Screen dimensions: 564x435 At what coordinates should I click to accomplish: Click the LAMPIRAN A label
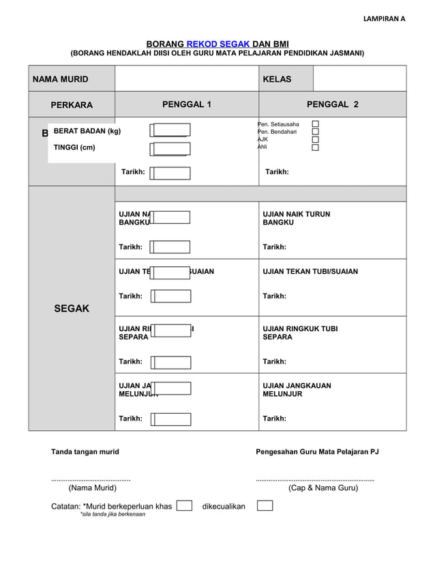384,18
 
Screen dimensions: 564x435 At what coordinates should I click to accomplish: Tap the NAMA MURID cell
61,79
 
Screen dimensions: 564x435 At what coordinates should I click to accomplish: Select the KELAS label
277,79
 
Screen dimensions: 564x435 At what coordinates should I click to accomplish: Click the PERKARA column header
72,105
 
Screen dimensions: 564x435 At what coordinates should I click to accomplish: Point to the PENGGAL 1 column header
186,104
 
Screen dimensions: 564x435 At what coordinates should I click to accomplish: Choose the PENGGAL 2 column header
332,104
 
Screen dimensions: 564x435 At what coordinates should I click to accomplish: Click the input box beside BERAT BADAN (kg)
171,130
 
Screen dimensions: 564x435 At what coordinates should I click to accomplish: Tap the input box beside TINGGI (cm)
171,149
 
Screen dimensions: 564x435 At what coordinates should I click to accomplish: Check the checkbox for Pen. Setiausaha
315,124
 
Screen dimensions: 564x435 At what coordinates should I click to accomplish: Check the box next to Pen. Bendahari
315,132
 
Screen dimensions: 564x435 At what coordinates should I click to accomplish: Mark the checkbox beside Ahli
315,147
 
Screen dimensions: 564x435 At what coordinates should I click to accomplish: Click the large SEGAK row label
72,309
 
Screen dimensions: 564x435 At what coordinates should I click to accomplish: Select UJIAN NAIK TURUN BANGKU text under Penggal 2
296,218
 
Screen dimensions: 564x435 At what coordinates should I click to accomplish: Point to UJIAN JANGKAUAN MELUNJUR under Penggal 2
297,390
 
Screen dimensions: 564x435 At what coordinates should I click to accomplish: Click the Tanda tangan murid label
85,451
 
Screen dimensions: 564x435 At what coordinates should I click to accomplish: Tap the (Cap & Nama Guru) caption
322,488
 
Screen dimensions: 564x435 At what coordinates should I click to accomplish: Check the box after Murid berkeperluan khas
183,506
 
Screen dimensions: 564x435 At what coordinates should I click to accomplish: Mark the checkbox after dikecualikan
265,506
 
